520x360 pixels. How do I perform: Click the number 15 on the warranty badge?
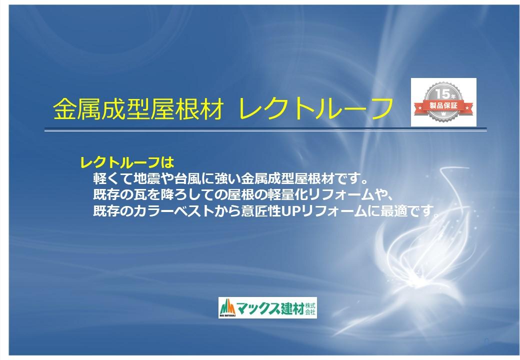pyautogui.click(x=442, y=94)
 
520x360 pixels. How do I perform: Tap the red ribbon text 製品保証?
pyautogui.click(x=443, y=105)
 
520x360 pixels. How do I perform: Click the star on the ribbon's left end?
pyautogui.click(x=420, y=108)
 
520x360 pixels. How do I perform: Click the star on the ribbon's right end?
pyautogui.click(x=467, y=108)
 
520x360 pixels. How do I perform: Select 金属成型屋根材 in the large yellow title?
pyautogui.click(x=138, y=108)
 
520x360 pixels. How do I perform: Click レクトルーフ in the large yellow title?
pyautogui.click(x=315, y=108)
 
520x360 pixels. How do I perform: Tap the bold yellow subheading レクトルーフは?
pyautogui.click(x=127, y=162)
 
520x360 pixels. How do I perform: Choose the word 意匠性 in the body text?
pyautogui.click(x=261, y=211)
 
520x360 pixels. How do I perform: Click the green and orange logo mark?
pyautogui.click(x=227, y=307)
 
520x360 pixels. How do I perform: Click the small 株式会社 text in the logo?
pyautogui.click(x=310, y=308)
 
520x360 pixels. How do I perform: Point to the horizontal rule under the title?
pyautogui.click(x=265, y=129)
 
